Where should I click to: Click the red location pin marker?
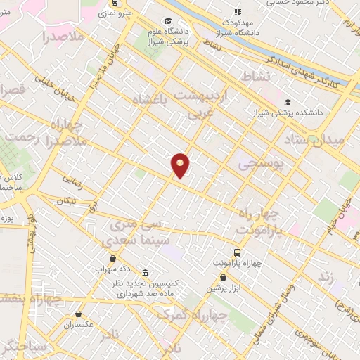tap(181, 165)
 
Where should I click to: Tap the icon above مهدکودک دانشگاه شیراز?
tap(238, 11)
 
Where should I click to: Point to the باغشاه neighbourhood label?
tap(153, 101)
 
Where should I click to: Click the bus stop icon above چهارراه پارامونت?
tap(237, 252)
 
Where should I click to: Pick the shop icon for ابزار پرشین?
tap(223, 276)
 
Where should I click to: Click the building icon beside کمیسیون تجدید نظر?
tap(145, 272)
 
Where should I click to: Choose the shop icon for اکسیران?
tap(79, 314)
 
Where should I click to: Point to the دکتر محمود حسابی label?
tap(289, 3)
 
